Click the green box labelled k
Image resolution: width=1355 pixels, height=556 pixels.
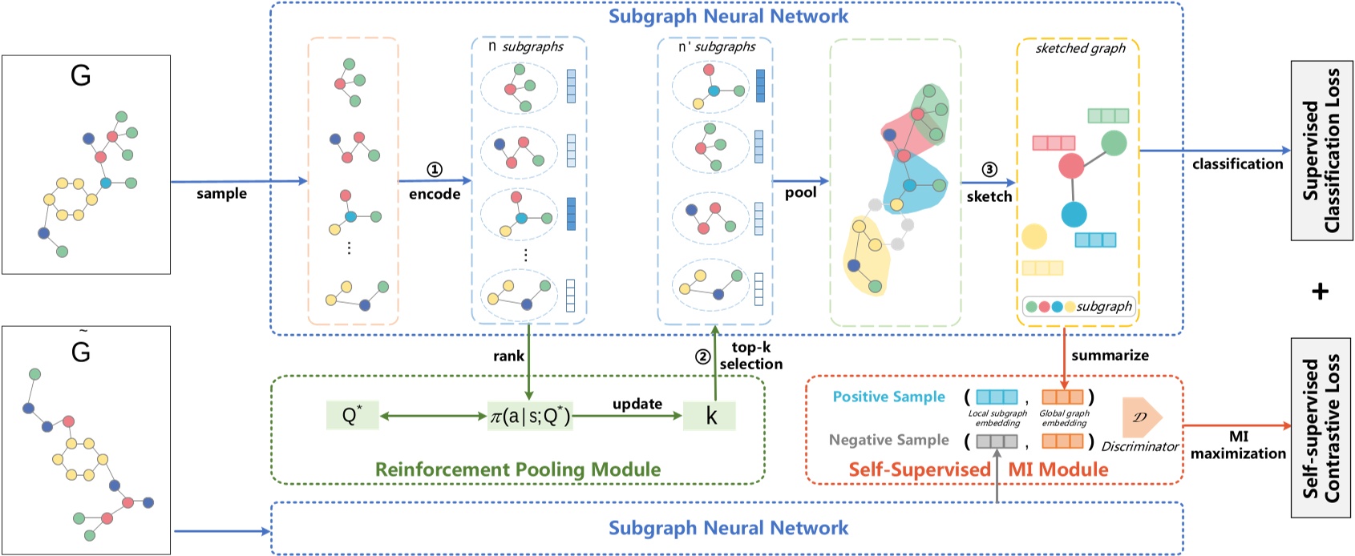tap(710, 416)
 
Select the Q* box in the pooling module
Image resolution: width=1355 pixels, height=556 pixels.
tap(352, 416)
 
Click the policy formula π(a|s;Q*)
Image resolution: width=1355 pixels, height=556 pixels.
tap(530, 417)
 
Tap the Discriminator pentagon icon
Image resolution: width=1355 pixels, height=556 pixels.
tap(1141, 416)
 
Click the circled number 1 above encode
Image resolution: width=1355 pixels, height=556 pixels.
tap(434, 169)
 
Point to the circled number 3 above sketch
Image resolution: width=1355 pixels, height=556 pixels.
tap(989, 169)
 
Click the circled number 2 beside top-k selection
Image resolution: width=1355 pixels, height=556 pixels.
tap(702, 357)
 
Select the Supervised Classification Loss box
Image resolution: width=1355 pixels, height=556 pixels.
tap(1321, 151)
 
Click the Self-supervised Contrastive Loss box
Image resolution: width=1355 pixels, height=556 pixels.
tap(1321, 428)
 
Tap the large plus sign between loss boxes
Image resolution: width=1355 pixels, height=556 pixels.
tap(1320, 291)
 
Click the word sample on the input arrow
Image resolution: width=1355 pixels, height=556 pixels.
tap(221, 194)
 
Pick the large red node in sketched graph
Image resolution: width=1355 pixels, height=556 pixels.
tap(1071, 166)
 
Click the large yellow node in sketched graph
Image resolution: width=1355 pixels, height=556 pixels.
tap(1034, 236)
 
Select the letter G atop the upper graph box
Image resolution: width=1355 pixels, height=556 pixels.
tap(80, 76)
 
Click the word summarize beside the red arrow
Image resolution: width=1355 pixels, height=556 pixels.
tap(1110, 355)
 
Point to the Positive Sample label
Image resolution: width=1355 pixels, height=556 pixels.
tap(888, 397)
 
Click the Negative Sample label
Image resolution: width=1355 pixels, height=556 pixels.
tap(888, 440)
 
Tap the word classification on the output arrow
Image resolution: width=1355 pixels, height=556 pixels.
tap(1237, 164)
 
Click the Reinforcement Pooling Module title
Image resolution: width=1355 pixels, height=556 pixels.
tap(518, 469)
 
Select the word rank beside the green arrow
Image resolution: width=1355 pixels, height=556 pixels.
tap(508, 356)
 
